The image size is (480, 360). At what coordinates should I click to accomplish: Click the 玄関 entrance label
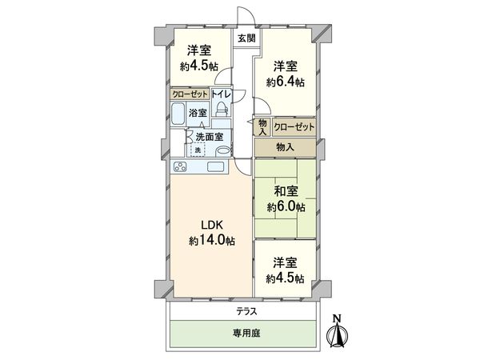[x=246, y=38]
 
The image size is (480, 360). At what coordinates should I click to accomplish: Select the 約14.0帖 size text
[x=212, y=239]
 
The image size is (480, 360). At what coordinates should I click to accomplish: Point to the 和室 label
[x=285, y=190]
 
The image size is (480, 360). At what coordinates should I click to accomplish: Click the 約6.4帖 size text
[x=285, y=82]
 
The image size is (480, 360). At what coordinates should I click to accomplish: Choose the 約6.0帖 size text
[x=285, y=207]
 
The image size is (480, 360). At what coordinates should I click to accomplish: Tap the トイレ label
[x=222, y=94]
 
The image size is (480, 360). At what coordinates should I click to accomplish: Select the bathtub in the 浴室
[x=178, y=114]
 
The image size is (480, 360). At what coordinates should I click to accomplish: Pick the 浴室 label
[x=198, y=114]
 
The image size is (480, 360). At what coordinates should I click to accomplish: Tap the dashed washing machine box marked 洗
[x=197, y=150]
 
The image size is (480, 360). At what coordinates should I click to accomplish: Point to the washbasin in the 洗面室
[x=223, y=150]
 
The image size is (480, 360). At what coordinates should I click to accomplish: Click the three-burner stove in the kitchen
[x=179, y=167]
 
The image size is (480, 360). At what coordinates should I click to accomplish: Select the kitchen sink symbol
[x=215, y=166]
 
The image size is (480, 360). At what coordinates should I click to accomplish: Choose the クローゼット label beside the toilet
[x=190, y=94]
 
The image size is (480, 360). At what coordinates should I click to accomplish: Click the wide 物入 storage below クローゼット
[x=286, y=147]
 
